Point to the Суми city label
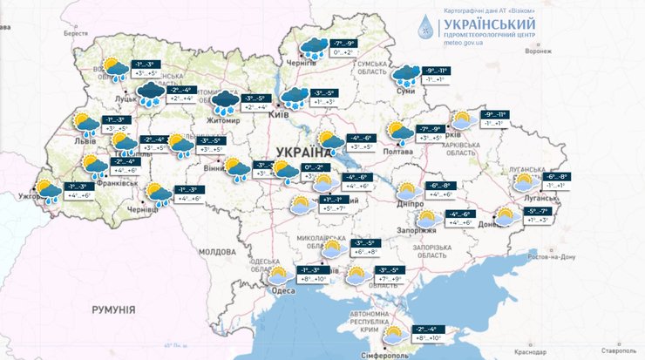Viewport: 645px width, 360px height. pos(403,90)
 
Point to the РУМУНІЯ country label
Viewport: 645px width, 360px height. pos(117,309)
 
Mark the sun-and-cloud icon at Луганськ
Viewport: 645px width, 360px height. pos(524,181)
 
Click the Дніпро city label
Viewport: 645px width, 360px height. pos(408,202)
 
